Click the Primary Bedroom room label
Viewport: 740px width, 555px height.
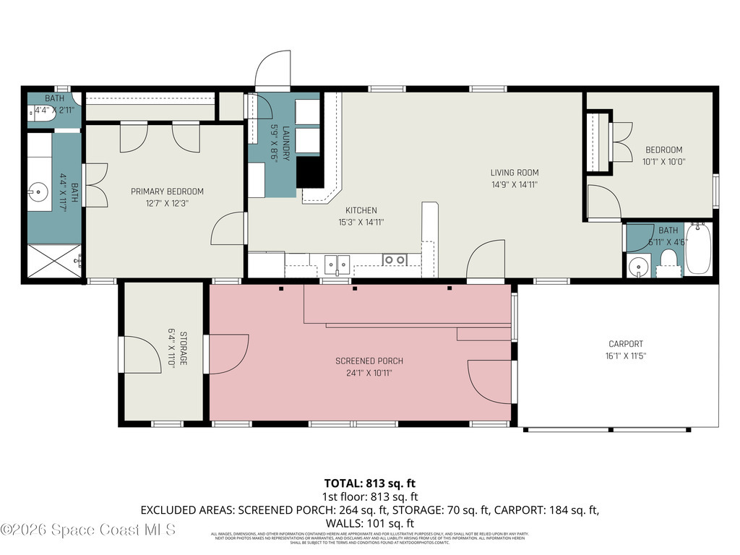tap(167, 192)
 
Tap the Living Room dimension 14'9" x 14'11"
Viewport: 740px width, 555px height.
tap(515, 185)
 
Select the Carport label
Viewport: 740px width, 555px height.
tap(625, 344)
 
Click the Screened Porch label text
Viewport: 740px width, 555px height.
tap(369, 361)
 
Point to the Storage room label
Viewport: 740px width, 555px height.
tap(183, 349)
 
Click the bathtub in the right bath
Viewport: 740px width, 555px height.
tap(698, 249)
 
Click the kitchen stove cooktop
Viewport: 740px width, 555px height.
tap(394, 259)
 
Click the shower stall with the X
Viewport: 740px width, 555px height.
tap(53, 261)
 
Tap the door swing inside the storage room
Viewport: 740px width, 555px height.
tap(142, 354)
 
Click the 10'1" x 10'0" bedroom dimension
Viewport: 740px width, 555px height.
tap(663, 162)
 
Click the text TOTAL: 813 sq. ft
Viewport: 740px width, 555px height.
tap(369, 483)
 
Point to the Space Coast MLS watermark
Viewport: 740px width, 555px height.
tap(88, 530)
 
